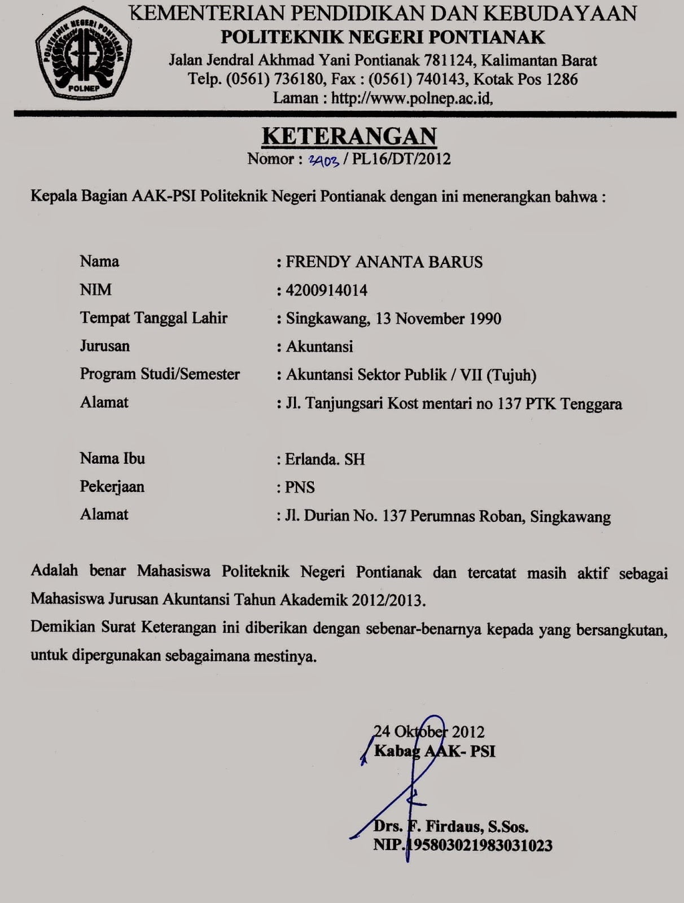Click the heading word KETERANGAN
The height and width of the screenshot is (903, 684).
point(349,136)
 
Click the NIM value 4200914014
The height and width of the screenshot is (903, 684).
point(327,290)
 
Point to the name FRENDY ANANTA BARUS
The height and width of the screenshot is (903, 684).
point(384,262)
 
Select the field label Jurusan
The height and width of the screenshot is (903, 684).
point(104,345)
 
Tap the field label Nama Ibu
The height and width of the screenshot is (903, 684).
point(112,458)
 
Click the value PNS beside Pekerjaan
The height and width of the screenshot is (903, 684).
point(300,487)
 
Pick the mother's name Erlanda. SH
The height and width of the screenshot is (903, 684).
point(325,459)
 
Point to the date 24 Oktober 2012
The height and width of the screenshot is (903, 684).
point(429,732)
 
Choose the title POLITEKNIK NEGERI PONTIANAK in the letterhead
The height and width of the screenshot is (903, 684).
point(383,37)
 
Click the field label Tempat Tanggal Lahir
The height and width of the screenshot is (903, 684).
point(154,318)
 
